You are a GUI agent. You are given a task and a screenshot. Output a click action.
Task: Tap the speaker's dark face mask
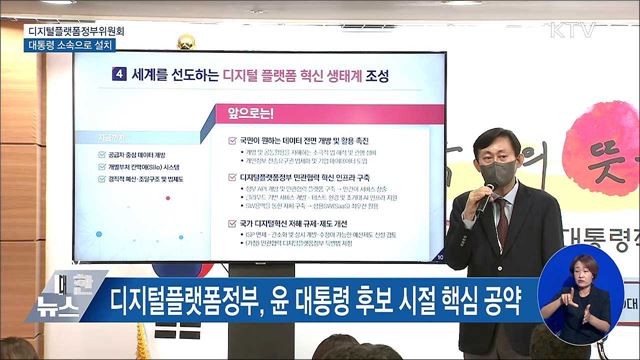(x=496, y=172)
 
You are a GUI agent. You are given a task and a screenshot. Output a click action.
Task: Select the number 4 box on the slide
(x=120, y=75)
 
